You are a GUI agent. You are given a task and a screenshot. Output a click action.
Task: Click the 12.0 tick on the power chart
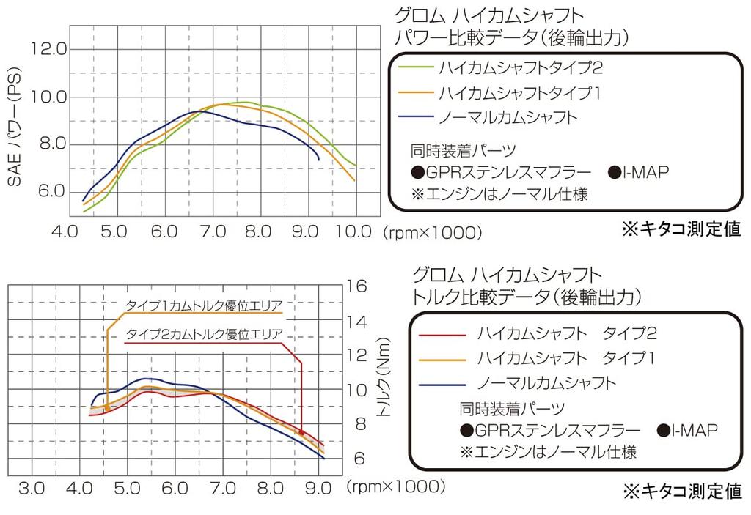click(x=50, y=49)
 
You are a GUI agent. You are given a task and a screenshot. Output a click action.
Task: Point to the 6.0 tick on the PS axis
click(x=50, y=191)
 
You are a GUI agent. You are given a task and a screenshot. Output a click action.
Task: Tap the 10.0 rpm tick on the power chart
click(x=355, y=232)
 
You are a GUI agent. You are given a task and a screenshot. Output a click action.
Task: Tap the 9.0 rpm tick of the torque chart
click(x=320, y=488)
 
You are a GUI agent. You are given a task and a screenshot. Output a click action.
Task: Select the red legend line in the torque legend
click(x=442, y=335)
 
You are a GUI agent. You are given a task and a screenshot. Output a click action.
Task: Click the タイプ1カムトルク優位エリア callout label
click(x=204, y=305)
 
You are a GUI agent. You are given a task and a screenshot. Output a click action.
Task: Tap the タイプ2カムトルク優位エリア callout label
click(x=204, y=334)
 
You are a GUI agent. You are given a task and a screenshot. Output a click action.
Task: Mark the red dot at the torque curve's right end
click(x=301, y=433)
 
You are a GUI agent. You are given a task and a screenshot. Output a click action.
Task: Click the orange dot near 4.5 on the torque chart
click(x=107, y=408)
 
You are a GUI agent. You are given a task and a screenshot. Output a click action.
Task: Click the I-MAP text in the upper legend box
click(x=646, y=173)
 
